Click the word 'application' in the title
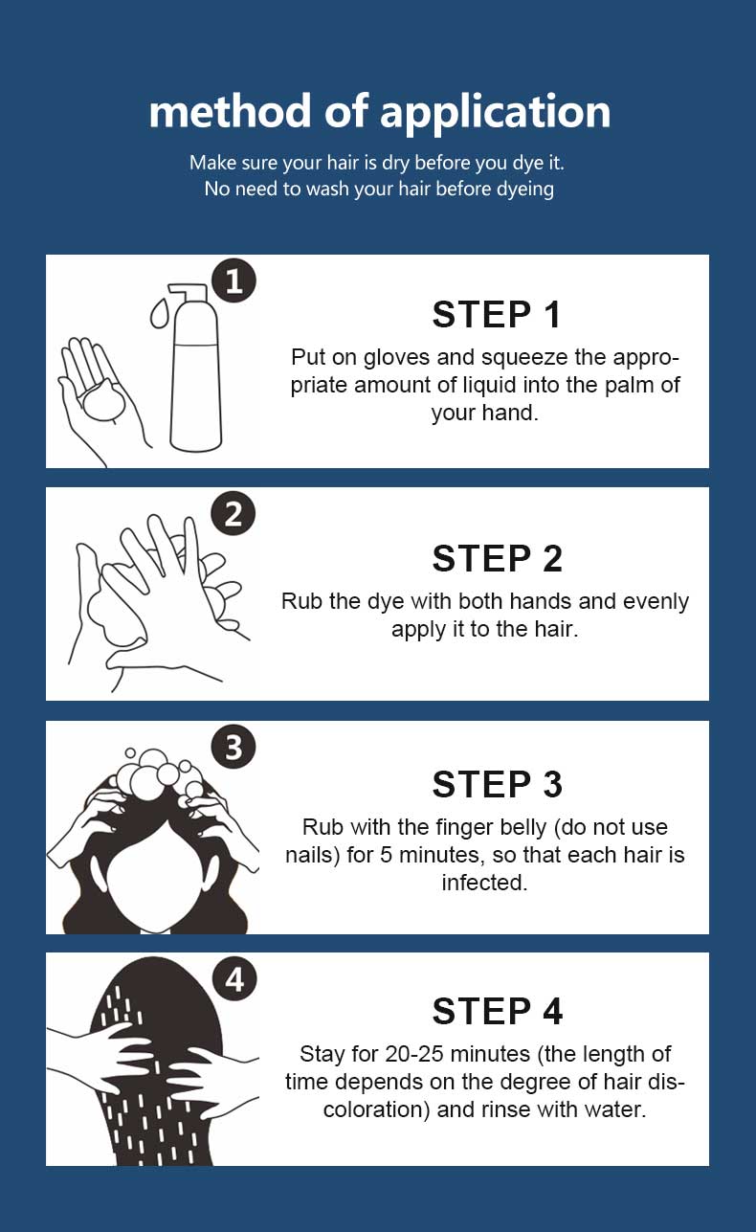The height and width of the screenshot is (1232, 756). pos(495,113)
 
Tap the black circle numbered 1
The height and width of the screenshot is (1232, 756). pos(233,280)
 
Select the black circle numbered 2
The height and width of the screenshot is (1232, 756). pos(233,513)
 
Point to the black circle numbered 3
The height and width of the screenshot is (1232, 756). pos(233,747)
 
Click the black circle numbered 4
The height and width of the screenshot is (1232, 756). pos(234,979)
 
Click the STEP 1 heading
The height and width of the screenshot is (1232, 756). pos(497,315)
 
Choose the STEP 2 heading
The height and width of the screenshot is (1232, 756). pos(497,558)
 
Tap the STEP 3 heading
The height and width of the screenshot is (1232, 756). pos(497,784)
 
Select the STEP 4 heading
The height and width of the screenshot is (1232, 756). pos(497,1011)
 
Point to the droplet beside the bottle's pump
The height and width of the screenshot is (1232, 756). pos(159,313)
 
